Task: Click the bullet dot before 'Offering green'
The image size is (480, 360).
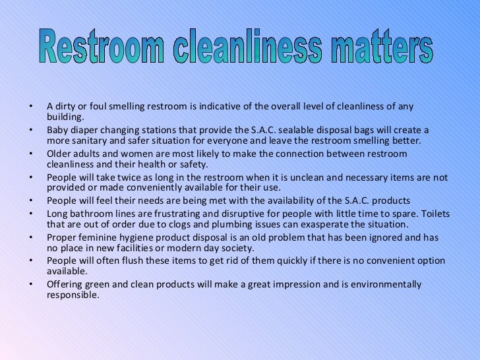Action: tap(30, 284)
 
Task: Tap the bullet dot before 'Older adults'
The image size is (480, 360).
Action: tap(30, 154)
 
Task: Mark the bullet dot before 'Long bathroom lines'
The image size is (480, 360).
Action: tap(30, 213)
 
